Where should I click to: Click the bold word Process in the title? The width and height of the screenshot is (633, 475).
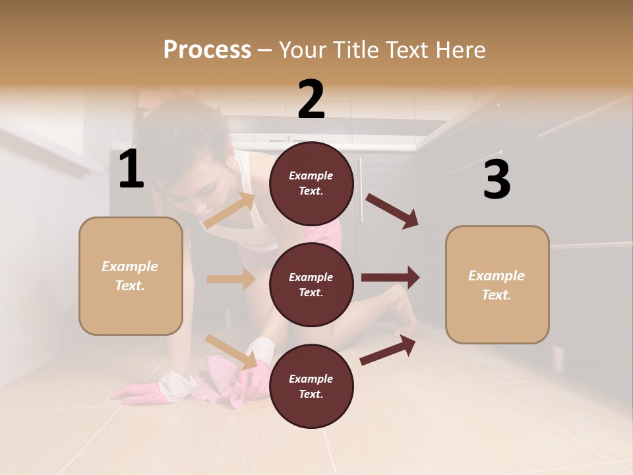[207, 50]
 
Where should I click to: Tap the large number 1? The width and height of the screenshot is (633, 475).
[131, 170]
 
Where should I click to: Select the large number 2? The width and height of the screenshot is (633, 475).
[311, 100]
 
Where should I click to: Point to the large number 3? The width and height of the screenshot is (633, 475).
[497, 180]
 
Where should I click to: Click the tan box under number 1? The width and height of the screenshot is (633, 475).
[131, 276]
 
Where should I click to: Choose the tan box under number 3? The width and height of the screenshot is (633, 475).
[497, 284]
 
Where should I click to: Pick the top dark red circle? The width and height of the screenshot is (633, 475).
[311, 183]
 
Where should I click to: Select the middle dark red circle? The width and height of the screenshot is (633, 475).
[311, 284]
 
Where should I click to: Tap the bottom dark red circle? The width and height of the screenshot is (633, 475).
[311, 386]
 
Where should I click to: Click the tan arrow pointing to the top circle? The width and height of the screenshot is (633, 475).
[229, 210]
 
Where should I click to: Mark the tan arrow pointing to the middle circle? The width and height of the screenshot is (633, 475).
[231, 279]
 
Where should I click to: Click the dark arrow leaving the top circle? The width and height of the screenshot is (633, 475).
[392, 210]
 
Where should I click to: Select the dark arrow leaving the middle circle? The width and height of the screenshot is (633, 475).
[390, 278]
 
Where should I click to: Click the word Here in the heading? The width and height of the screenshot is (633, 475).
[460, 50]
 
